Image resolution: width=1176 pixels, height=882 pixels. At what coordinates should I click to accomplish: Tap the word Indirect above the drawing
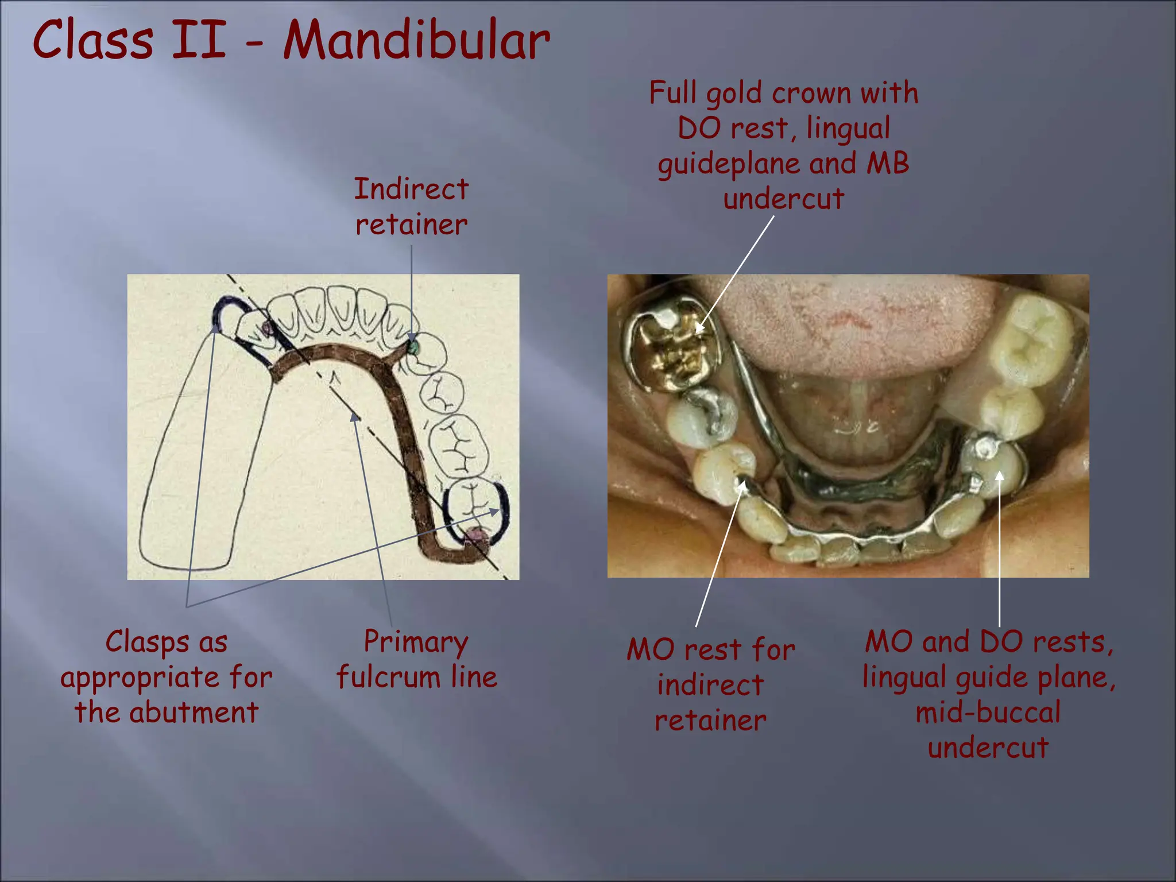(411, 189)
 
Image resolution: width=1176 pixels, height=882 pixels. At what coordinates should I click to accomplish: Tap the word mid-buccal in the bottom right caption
(988, 713)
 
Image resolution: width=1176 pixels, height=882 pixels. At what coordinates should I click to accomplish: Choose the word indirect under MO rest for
(710, 685)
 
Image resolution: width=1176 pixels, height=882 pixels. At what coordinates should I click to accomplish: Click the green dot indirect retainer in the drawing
(412, 347)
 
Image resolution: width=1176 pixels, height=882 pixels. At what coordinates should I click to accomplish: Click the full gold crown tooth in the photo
(672, 350)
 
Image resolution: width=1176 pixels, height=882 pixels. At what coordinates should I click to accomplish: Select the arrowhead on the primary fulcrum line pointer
(355, 417)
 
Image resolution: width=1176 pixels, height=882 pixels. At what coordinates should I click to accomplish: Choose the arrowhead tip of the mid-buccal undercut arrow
(1000, 474)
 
